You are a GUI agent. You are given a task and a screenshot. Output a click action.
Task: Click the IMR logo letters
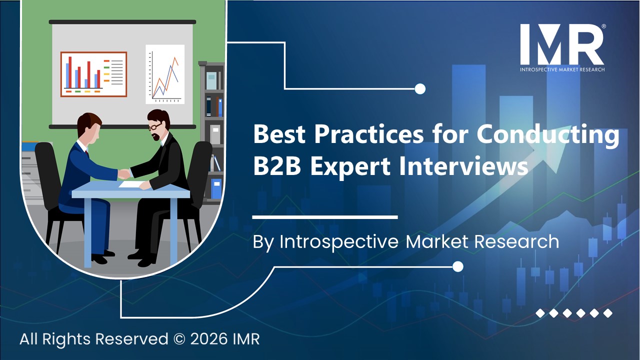(x=561, y=44)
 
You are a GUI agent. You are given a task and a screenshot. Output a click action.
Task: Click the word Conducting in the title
(x=547, y=134)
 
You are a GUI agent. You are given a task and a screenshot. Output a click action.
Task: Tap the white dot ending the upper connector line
(x=420, y=89)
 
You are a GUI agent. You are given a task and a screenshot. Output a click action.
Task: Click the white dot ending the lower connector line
(x=457, y=267)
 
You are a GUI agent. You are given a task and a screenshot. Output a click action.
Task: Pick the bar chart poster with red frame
(x=93, y=74)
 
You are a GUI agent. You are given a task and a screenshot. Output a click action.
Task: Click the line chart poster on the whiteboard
(x=165, y=74)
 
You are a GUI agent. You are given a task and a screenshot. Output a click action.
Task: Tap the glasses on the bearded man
(x=155, y=126)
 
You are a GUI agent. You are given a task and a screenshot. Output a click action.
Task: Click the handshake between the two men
(x=123, y=173)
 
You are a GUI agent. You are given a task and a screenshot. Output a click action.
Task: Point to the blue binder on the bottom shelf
(x=216, y=189)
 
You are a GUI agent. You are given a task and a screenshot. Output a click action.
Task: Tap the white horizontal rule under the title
(x=325, y=217)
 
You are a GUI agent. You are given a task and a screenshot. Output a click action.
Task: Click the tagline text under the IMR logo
(x=561, y=69)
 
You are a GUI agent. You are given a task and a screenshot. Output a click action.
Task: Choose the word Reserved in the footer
(x=131, y=339)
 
